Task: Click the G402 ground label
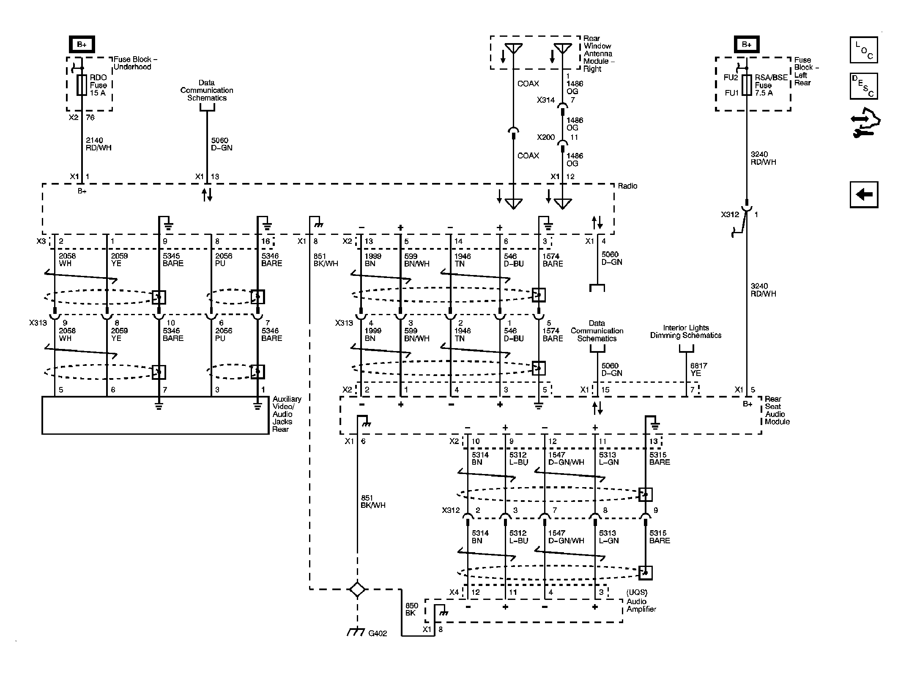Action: click(x=377, y=633)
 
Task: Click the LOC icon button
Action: click(x=863, y=50)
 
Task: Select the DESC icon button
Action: click(x=863, y=86)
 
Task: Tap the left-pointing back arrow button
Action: click(x=864, y=195)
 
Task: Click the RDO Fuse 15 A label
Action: click(x=98, y=85)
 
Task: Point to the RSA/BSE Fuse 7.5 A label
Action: click(x=771, y=85)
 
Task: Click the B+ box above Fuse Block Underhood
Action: click(x=82, y=44)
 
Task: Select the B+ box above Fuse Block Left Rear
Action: click(x=746, y=44)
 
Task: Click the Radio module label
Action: click(x=627, y=186)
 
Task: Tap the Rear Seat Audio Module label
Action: click(x=777, y=410)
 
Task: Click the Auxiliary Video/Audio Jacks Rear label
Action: click(x=286, y=414)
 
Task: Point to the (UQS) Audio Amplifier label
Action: click(x=641, y=601)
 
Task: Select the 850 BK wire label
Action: click(x=411, y=610)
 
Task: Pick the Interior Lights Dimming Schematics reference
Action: click(x=685, y=332)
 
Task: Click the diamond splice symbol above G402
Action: click(x=357, y=589)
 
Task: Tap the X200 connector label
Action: click(x=545, y=137)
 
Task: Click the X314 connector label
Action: click(x=545, y=100)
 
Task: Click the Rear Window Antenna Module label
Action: click(x=598, y=54)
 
